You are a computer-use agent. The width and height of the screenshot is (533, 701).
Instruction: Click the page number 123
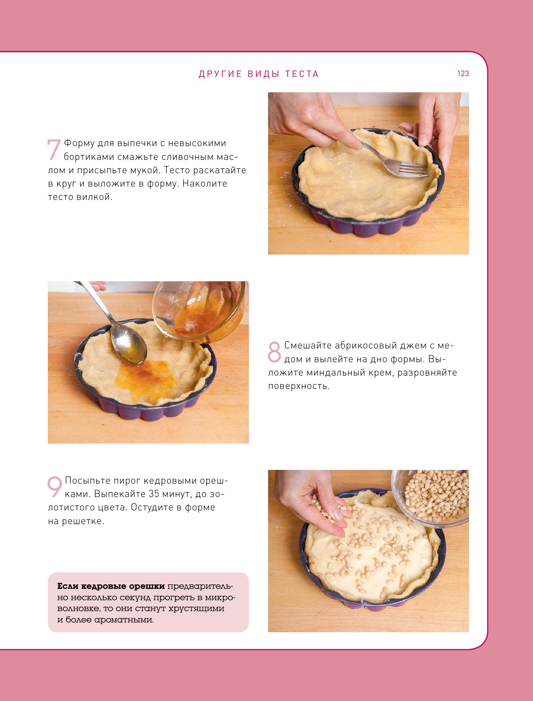click(463, 73)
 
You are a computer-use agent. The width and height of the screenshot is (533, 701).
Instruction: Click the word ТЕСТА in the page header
click(302, 74)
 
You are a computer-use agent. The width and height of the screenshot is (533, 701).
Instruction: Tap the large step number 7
click(54, 150)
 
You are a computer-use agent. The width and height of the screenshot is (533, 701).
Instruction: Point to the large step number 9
click(55, 487)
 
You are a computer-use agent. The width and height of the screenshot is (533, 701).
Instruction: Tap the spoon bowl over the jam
click(129, 344)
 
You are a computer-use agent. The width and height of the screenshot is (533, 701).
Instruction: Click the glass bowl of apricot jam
click(199, 310)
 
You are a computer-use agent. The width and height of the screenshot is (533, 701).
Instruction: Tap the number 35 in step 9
click(154, 494)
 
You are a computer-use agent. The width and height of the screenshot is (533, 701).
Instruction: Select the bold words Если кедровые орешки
click(111, 586)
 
